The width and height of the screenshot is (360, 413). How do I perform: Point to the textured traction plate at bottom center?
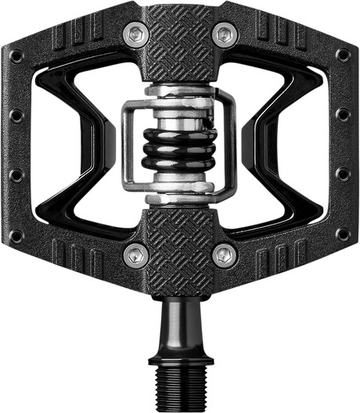point(181,242)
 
